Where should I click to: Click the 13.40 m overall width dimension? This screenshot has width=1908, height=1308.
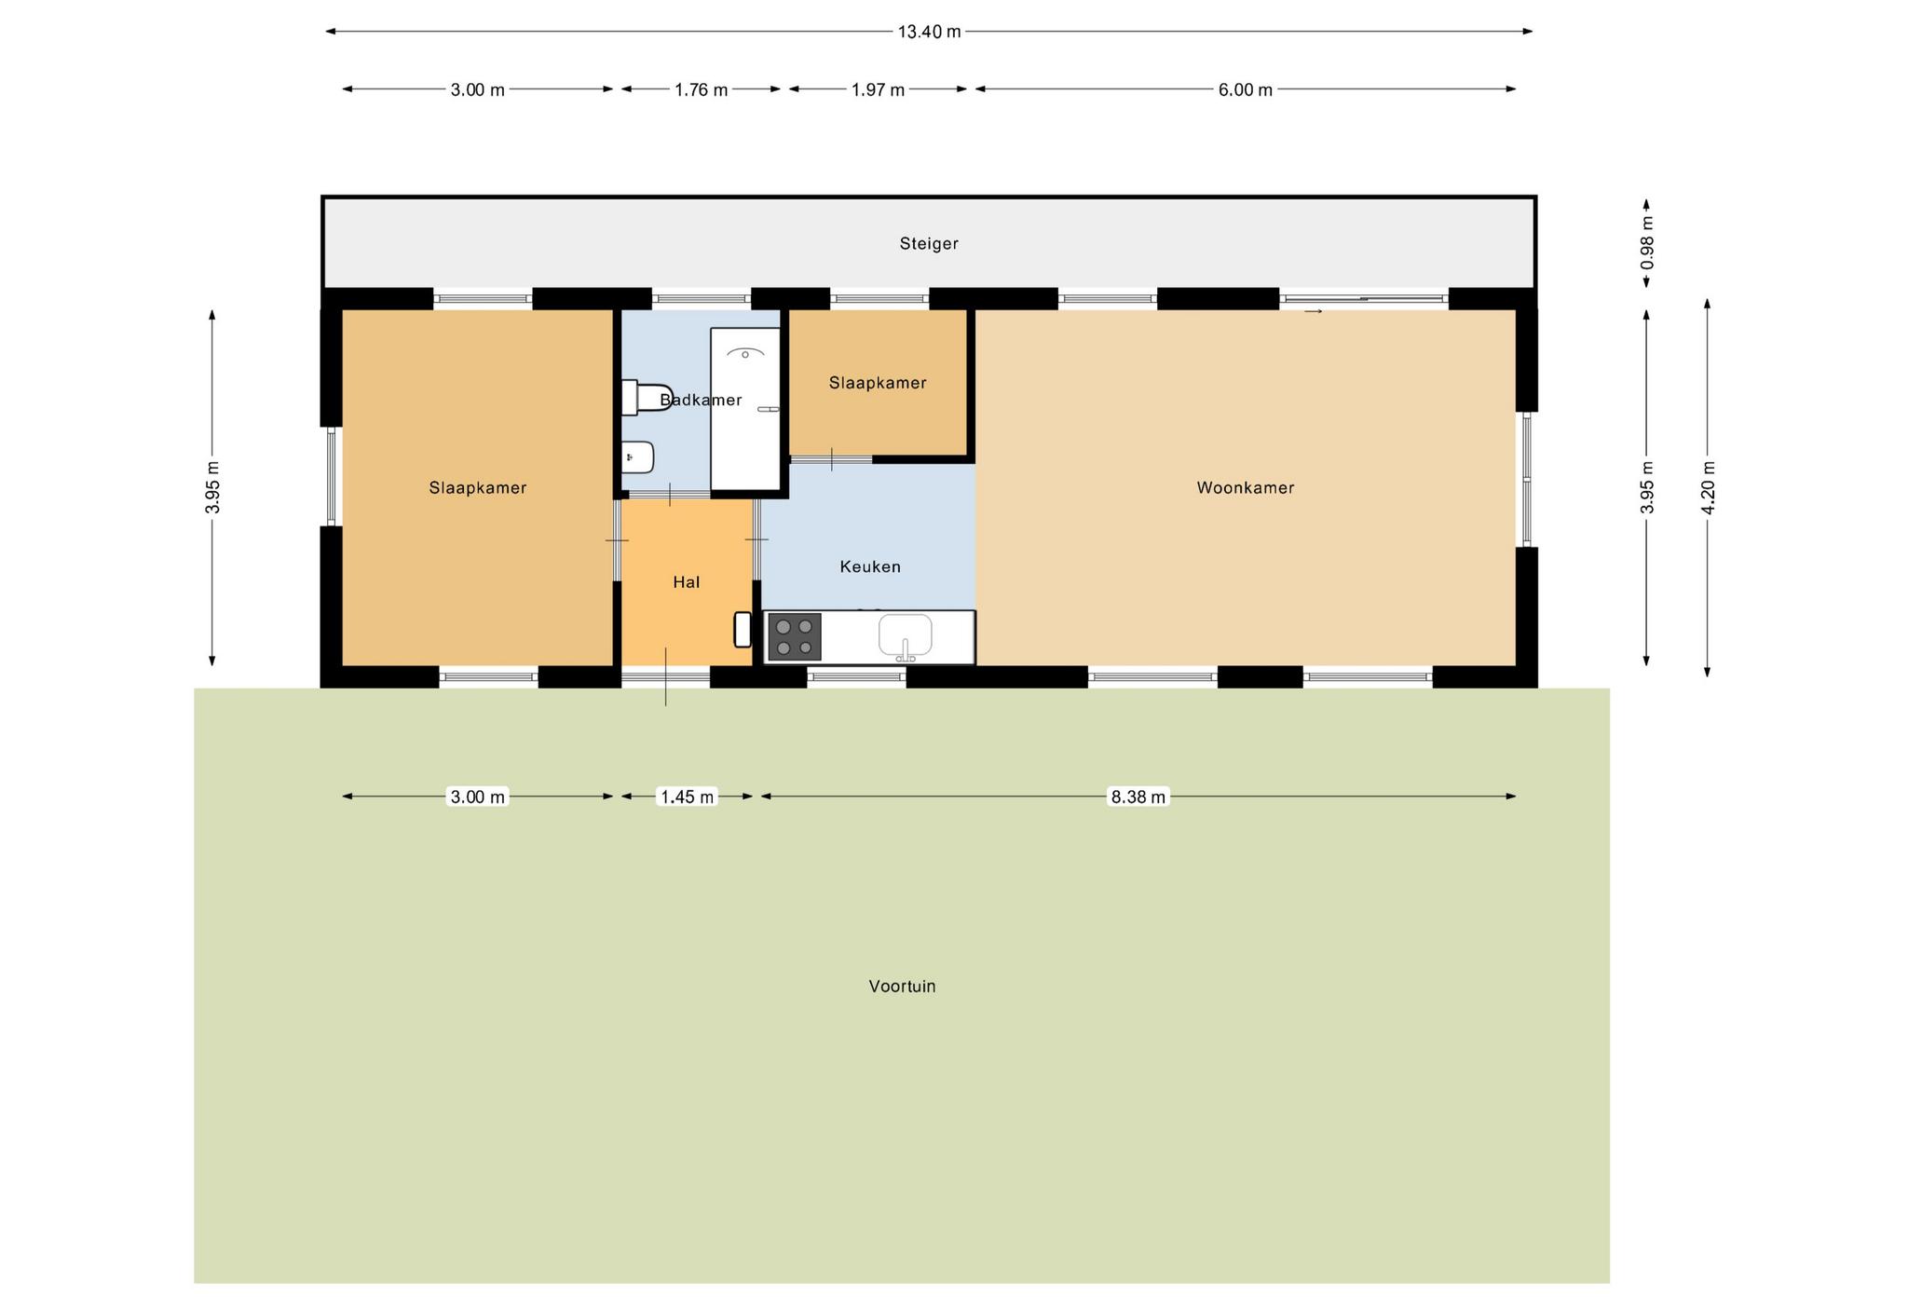click(929, 32)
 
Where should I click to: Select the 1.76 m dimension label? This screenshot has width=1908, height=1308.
click(702, 89)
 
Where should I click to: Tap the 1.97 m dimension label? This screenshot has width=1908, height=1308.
click(879, 89)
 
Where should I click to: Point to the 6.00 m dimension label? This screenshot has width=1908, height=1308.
click(1246, 89)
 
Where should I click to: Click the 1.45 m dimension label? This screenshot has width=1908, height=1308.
click(688, 797)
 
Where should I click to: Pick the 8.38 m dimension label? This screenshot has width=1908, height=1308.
click(1138, 797)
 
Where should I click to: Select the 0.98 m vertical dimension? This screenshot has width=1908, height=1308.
click(1647, 243)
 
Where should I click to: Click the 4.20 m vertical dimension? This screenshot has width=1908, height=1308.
click(1708, 487)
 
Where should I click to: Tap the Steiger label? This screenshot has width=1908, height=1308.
click(929, 243)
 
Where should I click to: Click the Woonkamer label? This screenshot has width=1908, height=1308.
click(1246, 487)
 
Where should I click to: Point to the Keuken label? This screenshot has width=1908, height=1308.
click(870, 566)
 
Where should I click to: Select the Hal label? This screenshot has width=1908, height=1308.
click(687, 582)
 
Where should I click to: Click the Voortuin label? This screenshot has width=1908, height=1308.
click(902, 986)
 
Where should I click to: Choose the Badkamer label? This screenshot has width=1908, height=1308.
click(701, 400)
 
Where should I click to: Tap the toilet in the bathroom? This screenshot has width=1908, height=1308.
click(647, 398)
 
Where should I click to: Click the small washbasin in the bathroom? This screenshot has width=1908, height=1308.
click(638, 456)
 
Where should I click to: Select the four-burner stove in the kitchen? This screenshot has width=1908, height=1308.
click(795, 637)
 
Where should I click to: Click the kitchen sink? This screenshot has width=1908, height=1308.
click(905, 635)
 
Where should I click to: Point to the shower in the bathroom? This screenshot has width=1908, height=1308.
click(745, 409)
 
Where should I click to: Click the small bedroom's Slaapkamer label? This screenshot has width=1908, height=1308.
click(878, 383)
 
